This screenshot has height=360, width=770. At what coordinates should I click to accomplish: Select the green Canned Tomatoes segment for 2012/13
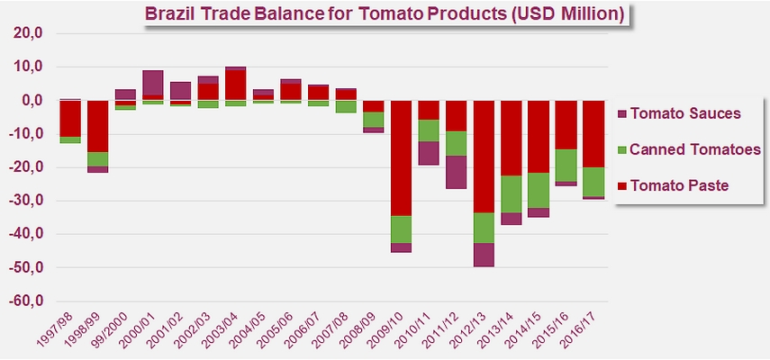point(485,228)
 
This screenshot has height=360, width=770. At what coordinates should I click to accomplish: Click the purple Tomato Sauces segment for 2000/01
point(153,82)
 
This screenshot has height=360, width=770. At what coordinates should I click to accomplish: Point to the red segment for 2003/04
point(235,85)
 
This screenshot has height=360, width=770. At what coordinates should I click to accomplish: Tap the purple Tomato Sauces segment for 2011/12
point(457,172)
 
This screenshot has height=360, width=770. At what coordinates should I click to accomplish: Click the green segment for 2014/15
point(539,190)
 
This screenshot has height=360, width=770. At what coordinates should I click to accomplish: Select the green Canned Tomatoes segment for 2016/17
point(593,182)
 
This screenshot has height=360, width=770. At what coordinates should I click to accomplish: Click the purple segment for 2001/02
point(180,90)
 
